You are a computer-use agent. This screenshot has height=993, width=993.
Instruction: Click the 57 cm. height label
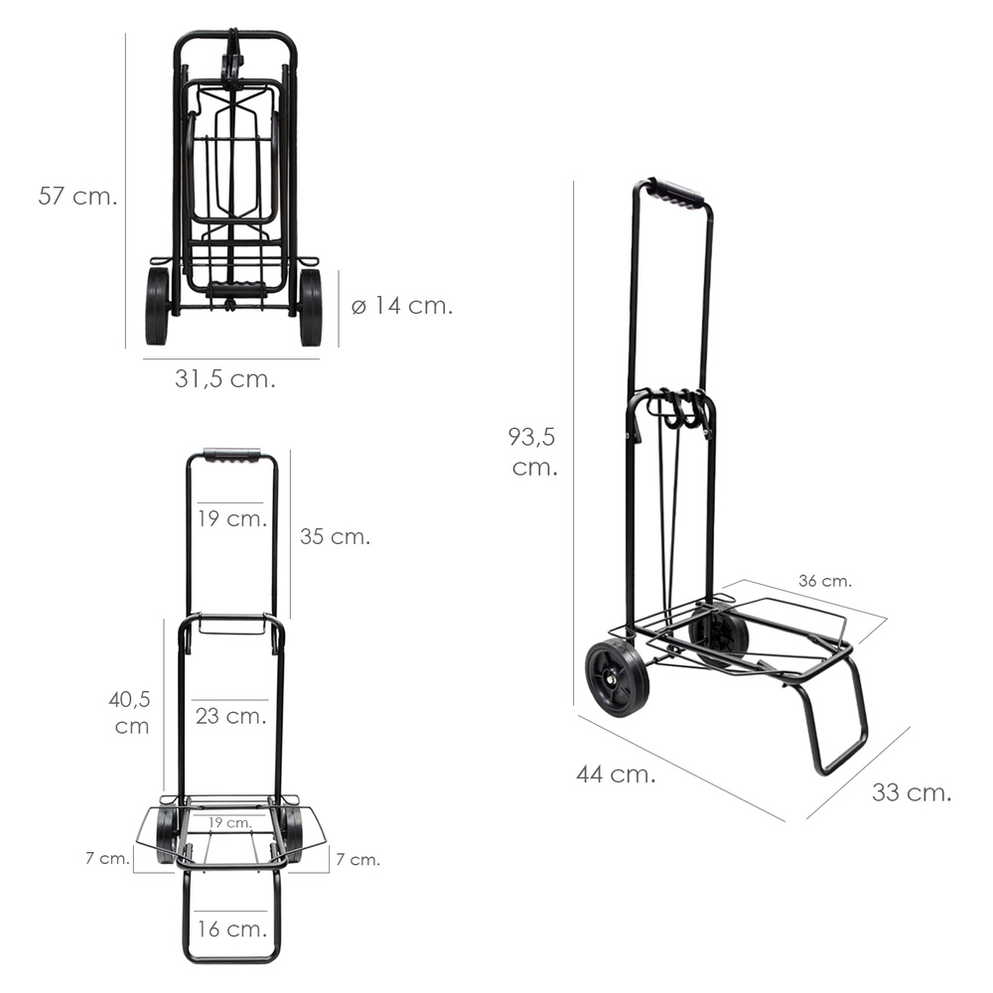point(77,196)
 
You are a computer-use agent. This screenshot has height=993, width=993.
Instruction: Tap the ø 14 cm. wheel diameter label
point(402,305)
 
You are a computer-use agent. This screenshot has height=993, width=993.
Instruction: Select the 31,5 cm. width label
point(225,378)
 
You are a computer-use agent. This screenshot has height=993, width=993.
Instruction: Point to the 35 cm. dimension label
point(335,536)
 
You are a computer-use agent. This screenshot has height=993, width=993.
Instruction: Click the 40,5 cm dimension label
point(130,712)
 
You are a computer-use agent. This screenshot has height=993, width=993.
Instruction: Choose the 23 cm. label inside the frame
point(230,716)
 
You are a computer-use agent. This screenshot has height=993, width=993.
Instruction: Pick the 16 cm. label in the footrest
point(231,929)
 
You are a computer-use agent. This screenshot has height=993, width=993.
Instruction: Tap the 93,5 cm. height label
point(532,452)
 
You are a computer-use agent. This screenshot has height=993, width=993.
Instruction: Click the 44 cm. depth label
point(616,774)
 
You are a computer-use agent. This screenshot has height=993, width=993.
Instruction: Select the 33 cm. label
point(912,792)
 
